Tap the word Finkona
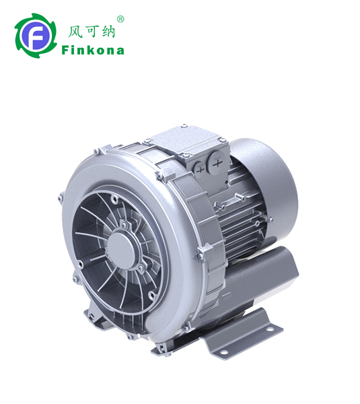pyautogui.click(x=93, y=50)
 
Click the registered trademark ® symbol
pyautogui.click(x=120, y=20)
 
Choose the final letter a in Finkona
pyautogui.click(x=120, y=50)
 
